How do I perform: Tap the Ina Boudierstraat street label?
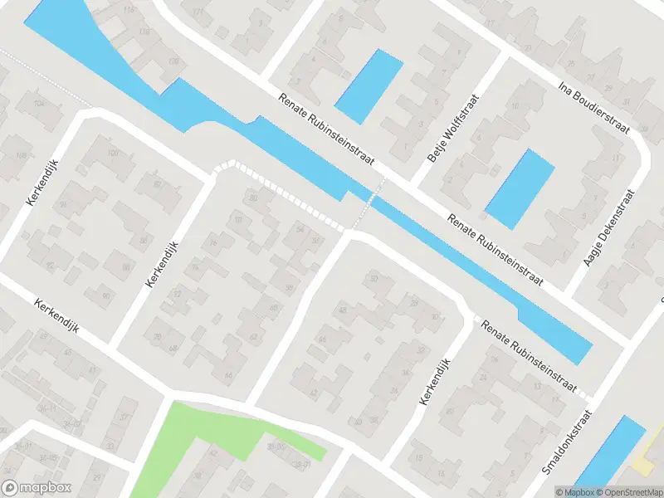(x=594, y=107)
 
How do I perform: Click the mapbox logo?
(x=37, y=488)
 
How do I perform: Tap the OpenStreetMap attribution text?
(x=627, y=491)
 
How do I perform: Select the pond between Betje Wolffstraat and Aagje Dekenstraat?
(x=520, y=188)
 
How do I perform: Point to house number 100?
(x=113, y=154)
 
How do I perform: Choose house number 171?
(x=197, y=13)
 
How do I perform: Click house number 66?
(x=227, y=375)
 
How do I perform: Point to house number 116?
(x=128, y=10)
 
